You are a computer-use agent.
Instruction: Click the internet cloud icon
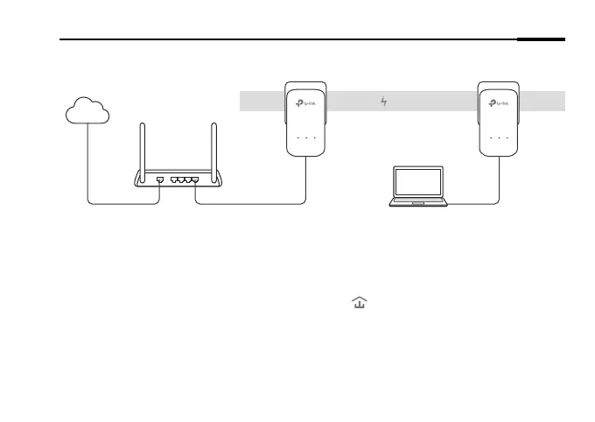[87, 111]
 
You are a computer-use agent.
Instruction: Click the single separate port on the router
[159, 179]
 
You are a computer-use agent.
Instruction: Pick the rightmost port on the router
[194, 179]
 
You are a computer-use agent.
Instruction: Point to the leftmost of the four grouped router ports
[175, 179]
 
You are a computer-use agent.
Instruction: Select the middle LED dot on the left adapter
[306, 138]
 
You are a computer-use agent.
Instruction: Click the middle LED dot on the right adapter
[499, 138]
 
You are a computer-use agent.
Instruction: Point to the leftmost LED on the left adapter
[297, 138]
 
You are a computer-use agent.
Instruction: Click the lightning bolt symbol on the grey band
[383, 102]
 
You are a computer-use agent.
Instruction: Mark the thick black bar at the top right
[542, 39]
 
